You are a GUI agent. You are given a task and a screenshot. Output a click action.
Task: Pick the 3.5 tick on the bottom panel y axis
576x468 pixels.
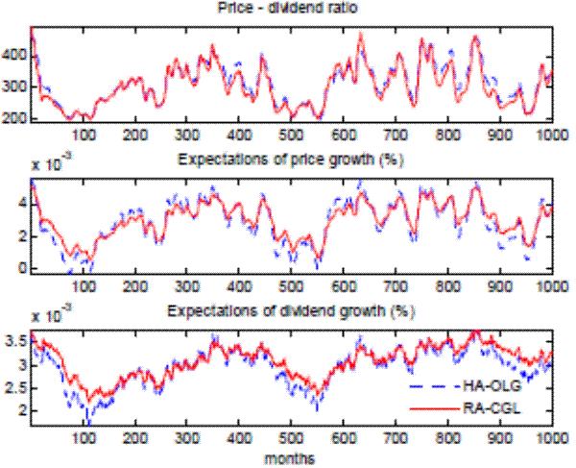point(18,341)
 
